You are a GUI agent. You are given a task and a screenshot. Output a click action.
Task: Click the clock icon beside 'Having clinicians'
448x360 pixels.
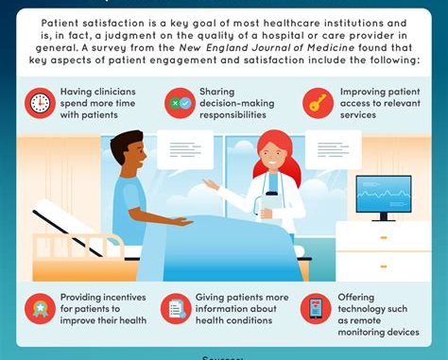tap(41, 102)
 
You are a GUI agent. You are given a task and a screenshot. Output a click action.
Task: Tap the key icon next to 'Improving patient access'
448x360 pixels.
tap(317, 102)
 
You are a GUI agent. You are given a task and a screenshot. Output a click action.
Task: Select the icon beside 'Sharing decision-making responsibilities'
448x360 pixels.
tap(179, 102)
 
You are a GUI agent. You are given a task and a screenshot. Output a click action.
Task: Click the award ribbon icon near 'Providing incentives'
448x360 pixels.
tap(41, 307)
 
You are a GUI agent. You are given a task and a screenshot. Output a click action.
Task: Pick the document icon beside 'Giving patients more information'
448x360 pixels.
tap(176, 308)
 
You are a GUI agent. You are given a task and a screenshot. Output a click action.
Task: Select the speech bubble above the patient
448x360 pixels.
tap(184, 149)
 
